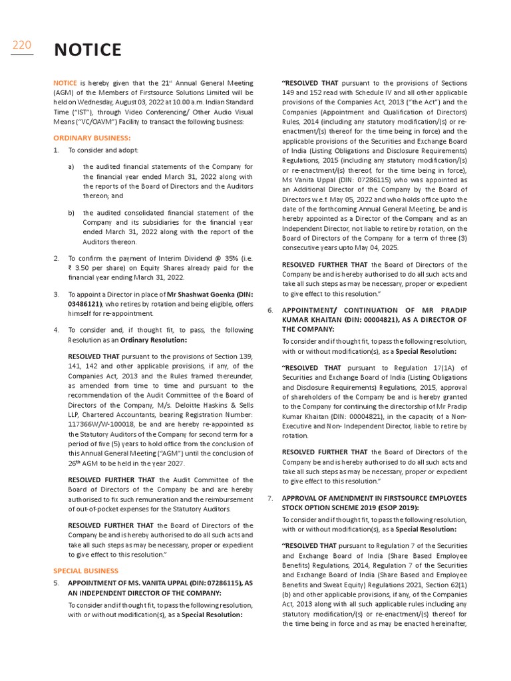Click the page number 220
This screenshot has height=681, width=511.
pyautogui.click(x=22, y=45)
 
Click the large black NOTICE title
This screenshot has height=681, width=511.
pyautogui.click(x=87, y=50)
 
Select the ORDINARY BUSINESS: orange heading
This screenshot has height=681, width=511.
pyautogui.click(x=92, y=138)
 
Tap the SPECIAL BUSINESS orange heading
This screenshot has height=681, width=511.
pyautogui.click(x=86, y=571)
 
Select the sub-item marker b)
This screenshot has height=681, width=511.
pyautogui.click(x=71, y=213)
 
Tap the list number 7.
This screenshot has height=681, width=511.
pyautogui.click(x=270, y=498)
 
